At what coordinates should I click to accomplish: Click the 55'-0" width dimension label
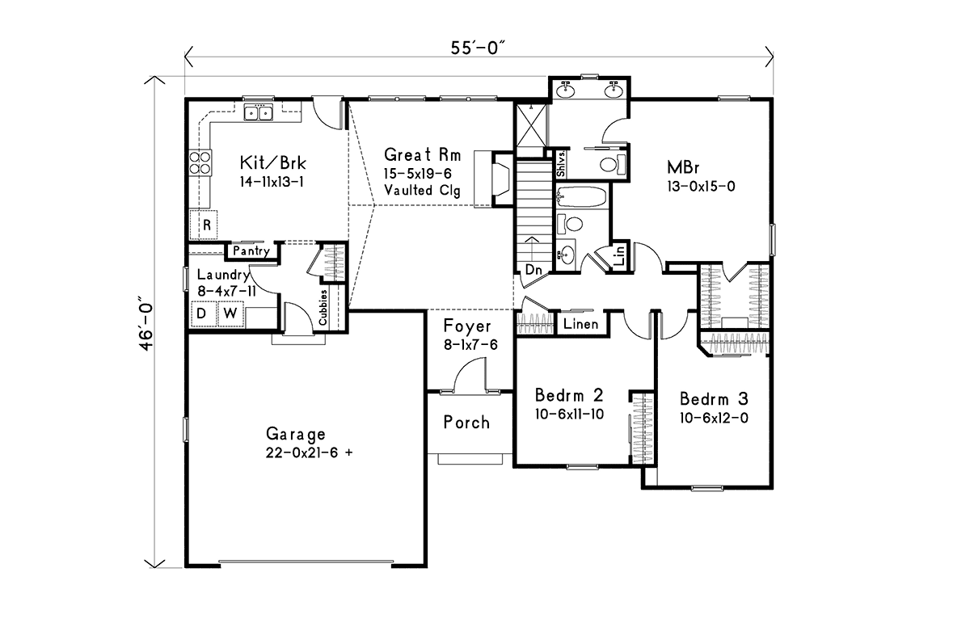click(478, 48)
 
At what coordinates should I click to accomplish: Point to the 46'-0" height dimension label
click(146, 323)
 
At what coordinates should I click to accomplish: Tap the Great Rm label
click(422, 155)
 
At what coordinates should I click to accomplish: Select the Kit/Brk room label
click(273, 163)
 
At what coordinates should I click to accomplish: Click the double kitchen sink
click(258, 113)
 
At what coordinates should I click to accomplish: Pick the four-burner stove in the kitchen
click(200, 162)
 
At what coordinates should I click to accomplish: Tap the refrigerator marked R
click(204, 225)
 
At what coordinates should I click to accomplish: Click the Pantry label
click(251, 251)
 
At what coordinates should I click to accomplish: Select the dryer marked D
click(203, 313)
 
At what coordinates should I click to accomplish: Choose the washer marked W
click(231, 313)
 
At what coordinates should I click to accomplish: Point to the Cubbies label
click(323, 307)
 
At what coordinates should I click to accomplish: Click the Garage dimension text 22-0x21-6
click(309, 452)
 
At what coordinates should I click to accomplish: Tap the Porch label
click(466, 423)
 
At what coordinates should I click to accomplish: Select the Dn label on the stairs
click(533, 270)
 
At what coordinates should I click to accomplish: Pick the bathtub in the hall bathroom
click(581, 197)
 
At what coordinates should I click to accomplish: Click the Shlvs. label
click(561, 164)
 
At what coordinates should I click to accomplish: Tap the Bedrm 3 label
click(714, 399)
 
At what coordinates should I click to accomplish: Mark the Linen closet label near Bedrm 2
click(580, 324)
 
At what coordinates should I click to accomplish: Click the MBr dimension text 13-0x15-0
click(701, 187)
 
